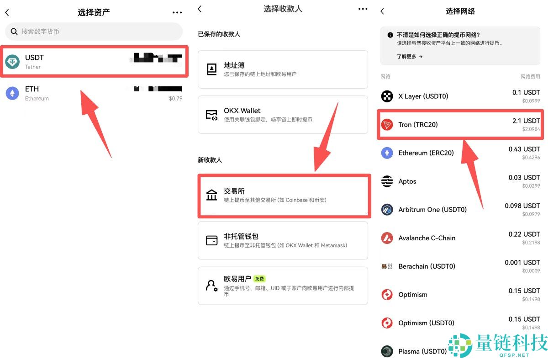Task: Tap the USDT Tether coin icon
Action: pos(12,62)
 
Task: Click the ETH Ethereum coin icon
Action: pos(12,93)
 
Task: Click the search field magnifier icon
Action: pos(14,32)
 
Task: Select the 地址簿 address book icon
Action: pos(212,69)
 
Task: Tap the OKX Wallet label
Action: pos(242,111)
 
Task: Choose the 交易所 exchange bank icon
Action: pos(212,195)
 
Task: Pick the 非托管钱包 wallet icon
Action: pos(212,240)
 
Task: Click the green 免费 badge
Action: pos(259,279)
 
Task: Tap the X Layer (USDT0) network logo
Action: pos(387,96)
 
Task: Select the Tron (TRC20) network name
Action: pos(418,124)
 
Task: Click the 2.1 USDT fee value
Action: pos(526,121)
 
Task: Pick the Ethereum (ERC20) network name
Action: pos(426,153)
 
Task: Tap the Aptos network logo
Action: pos(387,181)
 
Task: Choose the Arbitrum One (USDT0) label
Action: pos(432,210)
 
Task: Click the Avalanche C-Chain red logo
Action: pos(387,238)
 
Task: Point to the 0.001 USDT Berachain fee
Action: pos(522,262)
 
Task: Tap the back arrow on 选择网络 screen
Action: pos(382,11)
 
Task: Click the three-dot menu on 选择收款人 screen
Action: pos(363,9)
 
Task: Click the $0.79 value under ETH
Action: pos(175,98)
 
